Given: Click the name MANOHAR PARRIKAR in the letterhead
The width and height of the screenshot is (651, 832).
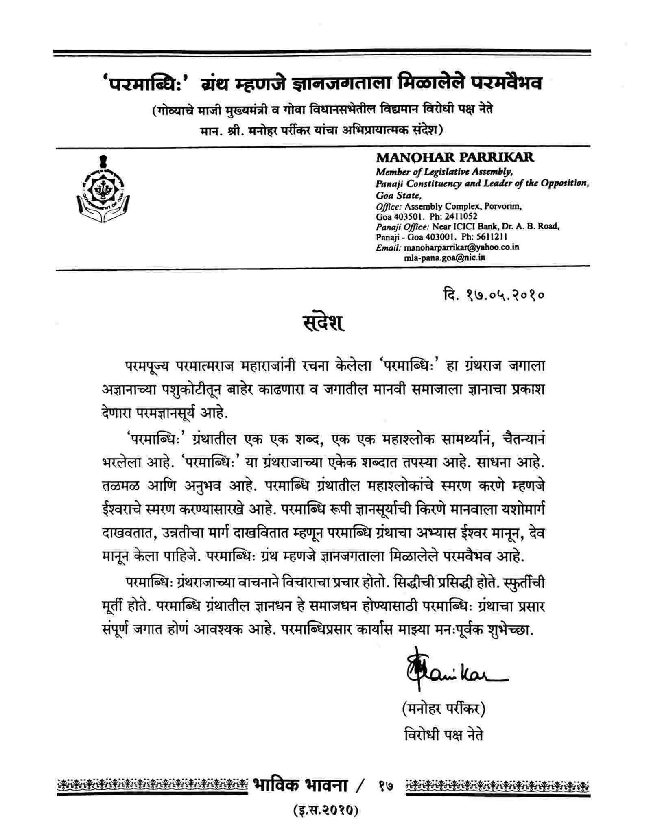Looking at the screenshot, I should pos(454,157).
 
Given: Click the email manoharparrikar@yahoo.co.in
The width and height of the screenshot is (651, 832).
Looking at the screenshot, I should pos(461,247).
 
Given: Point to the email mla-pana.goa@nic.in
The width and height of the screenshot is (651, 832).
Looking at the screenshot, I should pos(444,258).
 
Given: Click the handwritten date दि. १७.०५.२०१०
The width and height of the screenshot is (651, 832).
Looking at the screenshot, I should pos(494,295).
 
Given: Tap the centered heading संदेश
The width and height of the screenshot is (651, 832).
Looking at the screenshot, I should pos(323,323).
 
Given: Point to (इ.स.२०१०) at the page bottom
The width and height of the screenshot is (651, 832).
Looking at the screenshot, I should pos(325,810).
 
